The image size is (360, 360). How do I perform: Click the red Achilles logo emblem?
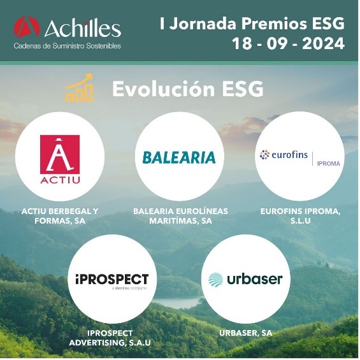[x=27, y=27]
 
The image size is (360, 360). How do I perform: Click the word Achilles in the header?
[x=83, y=28]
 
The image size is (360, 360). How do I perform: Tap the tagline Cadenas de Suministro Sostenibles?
[x=68, y=46]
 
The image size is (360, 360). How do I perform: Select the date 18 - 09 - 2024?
[x=288, y=43]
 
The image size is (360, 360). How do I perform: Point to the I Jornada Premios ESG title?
[x=252, y=24]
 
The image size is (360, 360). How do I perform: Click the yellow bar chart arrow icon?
[x=79, y=88]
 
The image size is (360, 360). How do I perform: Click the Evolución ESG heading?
[x=187, y=89]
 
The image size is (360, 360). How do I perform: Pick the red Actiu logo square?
[x=60, y=154]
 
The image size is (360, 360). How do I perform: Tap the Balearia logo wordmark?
[x=179, y=157]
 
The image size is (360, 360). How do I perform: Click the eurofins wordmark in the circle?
[x=289, y=155]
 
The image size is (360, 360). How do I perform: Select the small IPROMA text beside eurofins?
[x=329, y=164]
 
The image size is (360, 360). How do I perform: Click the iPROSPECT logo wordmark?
[x=112, y=279]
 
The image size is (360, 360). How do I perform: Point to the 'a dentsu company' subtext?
[x=129, y=288]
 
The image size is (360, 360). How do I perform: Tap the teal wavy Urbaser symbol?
[x=215, y=280]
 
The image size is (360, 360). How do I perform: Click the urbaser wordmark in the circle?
[x=255, y=279]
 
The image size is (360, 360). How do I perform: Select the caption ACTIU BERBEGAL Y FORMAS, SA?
[x=60, y=216]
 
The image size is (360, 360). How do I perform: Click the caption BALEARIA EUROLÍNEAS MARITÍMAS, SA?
[x=181, y=216]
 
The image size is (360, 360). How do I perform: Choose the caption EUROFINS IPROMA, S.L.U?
[x=300, y=216]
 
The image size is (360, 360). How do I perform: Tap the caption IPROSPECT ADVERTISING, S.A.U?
[x=110, y=338]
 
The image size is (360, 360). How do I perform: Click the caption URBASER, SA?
[x=246, y=333]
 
